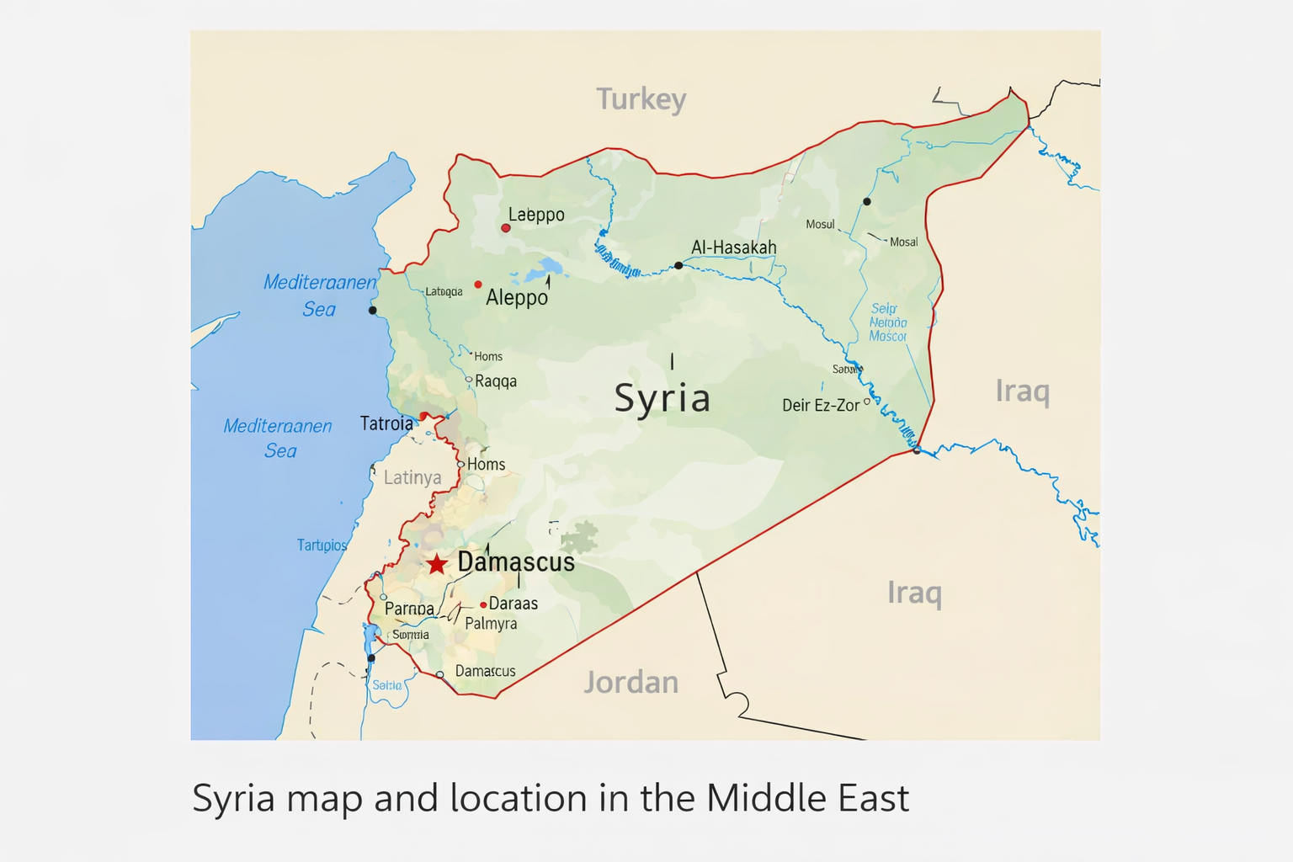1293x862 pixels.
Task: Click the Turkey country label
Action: [x=641, y=99]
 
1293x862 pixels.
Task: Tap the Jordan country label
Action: [x=631, y=682]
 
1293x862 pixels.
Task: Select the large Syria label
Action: [x=662, y=397]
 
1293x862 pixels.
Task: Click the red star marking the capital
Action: [x=436, y=564]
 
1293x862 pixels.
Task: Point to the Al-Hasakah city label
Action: [x=733, y=247]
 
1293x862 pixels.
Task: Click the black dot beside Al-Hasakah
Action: [x=678, y=265]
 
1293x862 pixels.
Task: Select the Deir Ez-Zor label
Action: [x=821, y=405]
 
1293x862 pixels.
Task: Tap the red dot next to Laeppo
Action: [x=506, y=228]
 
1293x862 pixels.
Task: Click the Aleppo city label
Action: [x=517, y=297]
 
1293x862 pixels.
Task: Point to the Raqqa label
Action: [x=496, y=381]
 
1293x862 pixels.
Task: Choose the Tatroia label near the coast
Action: [x=386, y=423]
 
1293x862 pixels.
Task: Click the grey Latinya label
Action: [x=412, y=478]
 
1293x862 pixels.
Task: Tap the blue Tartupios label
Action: [x=322, y=545]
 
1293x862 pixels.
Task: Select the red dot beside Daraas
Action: [x=483, y=604]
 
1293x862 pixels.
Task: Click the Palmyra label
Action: [x=491, y=624]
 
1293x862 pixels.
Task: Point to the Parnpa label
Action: [x=409, y=609]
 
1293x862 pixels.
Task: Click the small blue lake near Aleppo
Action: [x=549, y=269]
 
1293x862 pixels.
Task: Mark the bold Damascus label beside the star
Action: [x=516, y=562]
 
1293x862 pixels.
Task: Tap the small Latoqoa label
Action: [x=444, y=292]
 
